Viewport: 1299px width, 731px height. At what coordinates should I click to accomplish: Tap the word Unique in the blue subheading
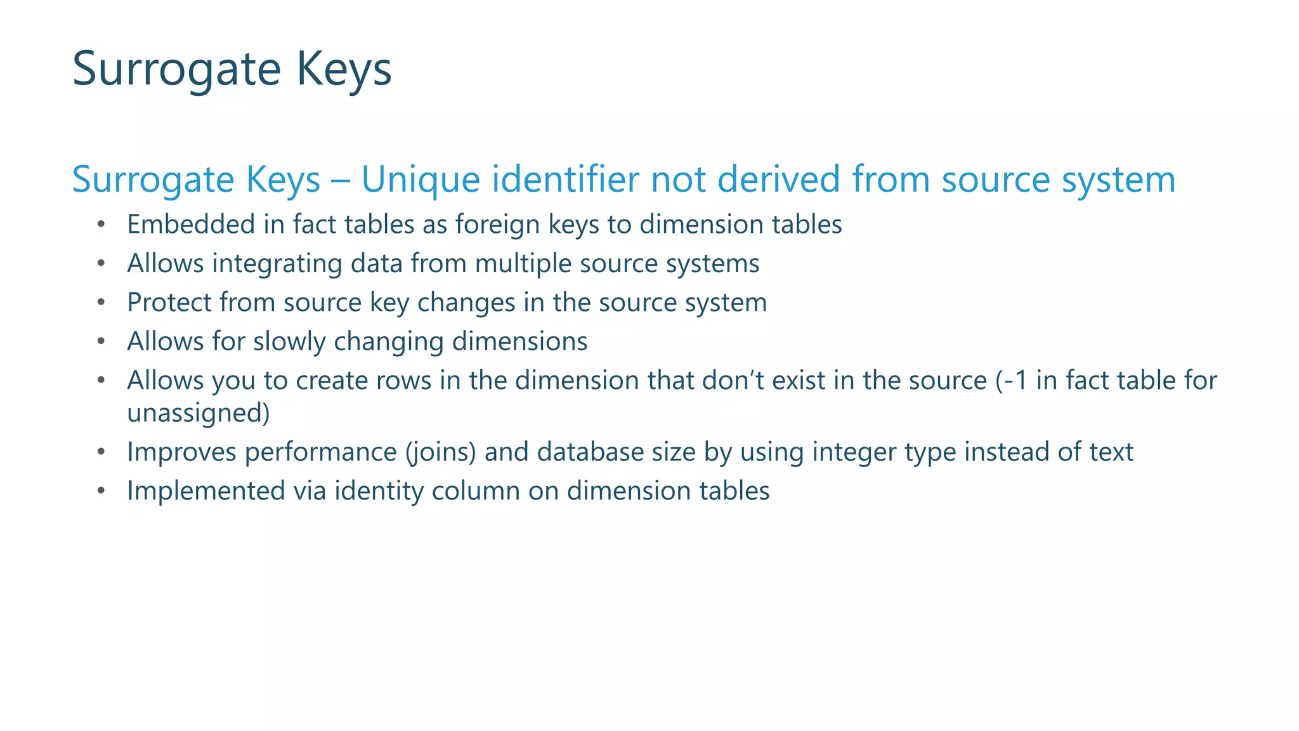click(421, 180)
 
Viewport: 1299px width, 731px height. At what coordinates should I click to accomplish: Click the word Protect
click(169, 303)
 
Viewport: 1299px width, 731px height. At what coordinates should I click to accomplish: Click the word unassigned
click(199, 413)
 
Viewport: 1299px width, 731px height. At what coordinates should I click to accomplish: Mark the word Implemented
click(206, 491)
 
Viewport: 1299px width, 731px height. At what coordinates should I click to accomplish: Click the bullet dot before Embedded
click(101, 225)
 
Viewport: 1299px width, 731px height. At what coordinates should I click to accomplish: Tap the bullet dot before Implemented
click(101, 492)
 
